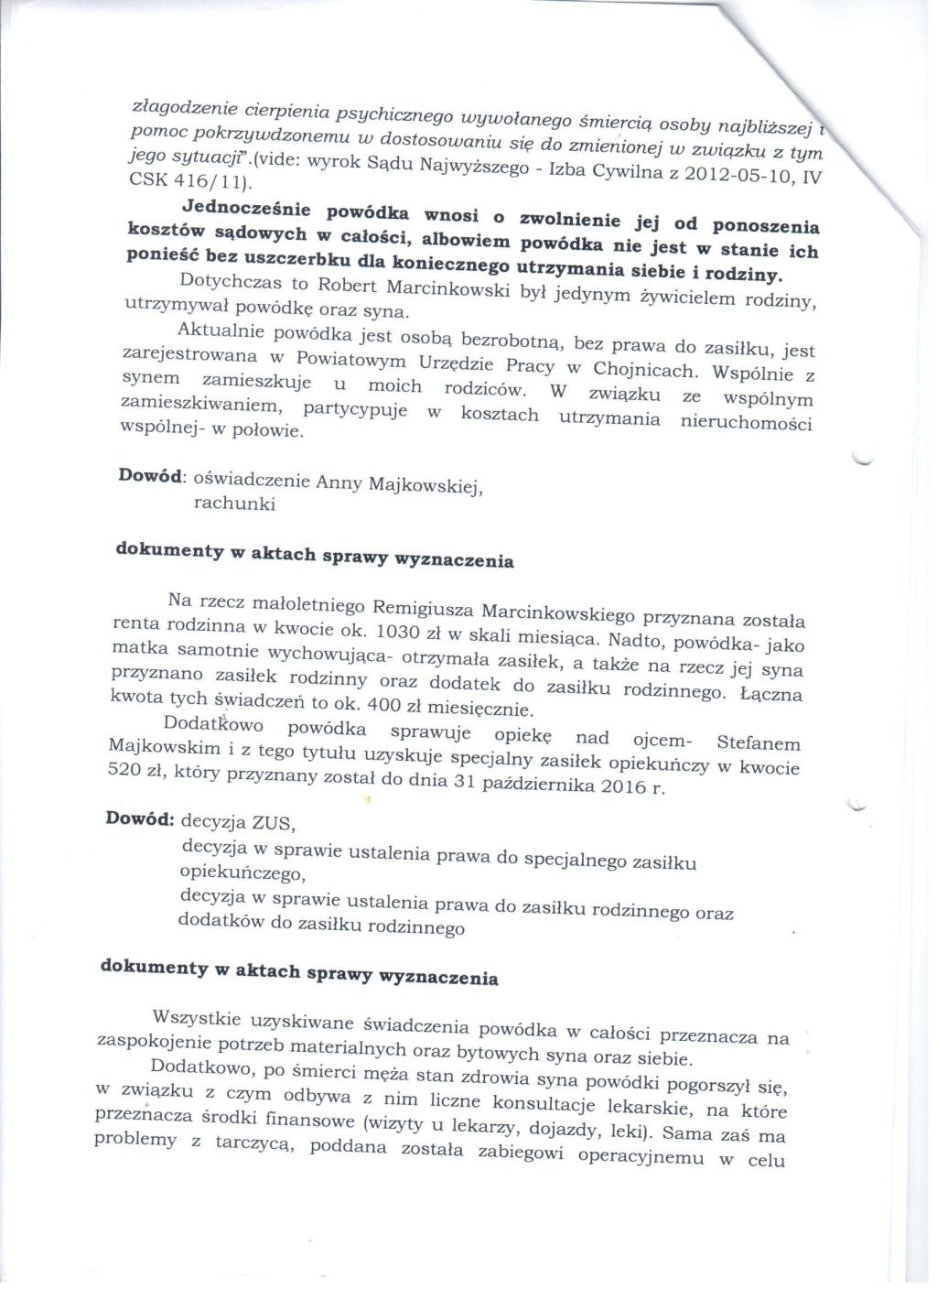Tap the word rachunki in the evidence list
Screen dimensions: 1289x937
(x=234, y=503)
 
